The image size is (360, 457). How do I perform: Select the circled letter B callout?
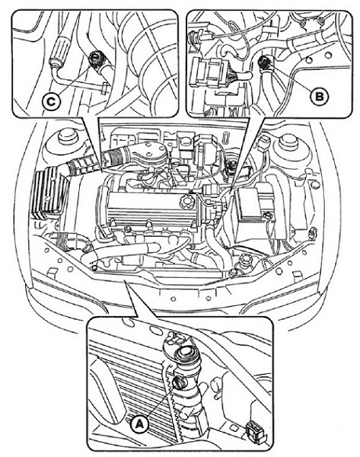[319, 96]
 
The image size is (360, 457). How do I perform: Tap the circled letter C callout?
[51, 102]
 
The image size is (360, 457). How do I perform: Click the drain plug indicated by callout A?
[178, 382]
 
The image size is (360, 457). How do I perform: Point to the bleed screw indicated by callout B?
[264, 62]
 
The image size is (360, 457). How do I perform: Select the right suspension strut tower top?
[288, 141]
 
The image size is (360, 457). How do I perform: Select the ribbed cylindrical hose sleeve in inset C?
[60, 48]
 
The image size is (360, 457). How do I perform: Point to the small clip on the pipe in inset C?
[104, 88]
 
